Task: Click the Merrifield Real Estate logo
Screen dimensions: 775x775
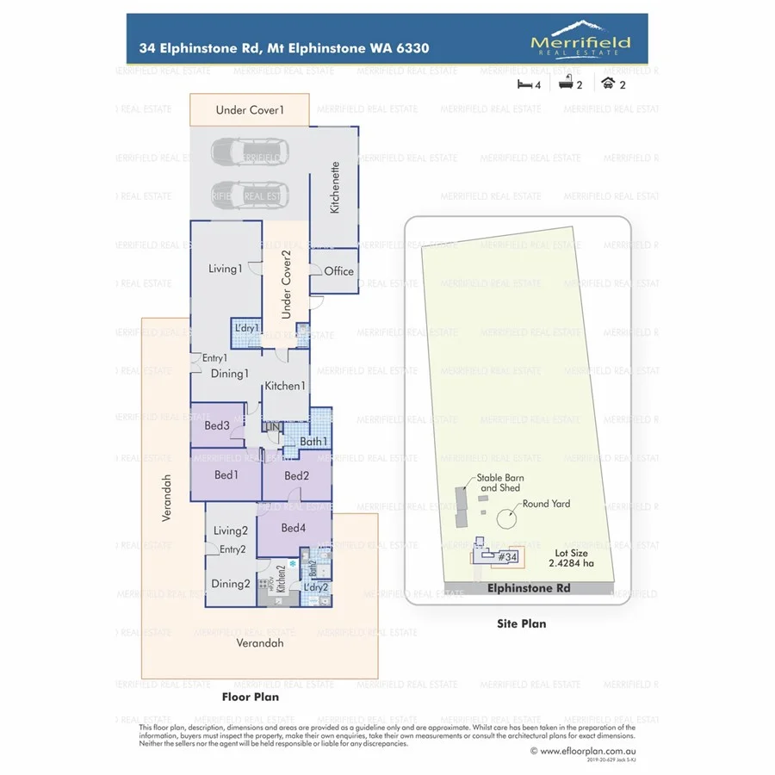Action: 580,40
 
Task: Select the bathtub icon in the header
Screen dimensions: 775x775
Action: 567,84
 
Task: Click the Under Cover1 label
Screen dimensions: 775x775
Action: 250,110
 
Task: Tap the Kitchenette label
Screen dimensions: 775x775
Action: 335,187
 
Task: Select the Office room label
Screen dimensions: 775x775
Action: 338,271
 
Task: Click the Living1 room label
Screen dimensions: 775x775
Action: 226,269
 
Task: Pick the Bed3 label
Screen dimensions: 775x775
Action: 216,425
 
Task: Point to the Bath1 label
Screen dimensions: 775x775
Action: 313,442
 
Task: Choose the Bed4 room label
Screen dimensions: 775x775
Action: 293,527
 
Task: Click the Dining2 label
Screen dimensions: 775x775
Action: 230,584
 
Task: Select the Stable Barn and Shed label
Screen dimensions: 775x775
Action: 500,483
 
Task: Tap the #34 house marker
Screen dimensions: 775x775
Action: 506,557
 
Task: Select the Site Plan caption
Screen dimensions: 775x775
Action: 521,623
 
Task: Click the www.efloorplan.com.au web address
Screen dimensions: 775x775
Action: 582,751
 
